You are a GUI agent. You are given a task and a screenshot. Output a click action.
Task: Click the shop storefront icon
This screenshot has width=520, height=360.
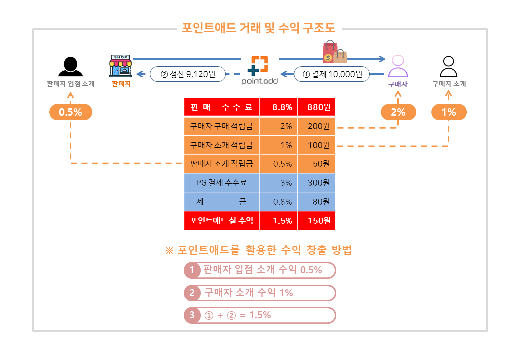tap(121, 66)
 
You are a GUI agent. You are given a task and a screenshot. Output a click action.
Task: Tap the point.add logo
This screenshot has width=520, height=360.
tap(259, 70)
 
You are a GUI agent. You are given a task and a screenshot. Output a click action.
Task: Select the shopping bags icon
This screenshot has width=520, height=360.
tap(334, 51)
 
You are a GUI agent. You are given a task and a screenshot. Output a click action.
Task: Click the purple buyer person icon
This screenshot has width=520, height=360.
tap(398, 66)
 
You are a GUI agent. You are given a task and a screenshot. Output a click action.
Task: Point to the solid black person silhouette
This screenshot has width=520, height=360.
tap(70, 66)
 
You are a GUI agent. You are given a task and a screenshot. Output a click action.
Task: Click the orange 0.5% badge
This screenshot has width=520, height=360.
tap(71, 112)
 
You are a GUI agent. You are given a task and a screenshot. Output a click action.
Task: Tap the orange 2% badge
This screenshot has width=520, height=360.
tap(398, 112)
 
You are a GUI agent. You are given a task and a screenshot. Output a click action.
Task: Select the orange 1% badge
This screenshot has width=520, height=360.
tap(449, 112)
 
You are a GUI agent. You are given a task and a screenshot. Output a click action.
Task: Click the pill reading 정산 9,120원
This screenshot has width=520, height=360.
tap(188, 74)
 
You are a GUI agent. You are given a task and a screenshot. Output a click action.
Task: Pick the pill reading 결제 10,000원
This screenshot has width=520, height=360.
tap(332, 74)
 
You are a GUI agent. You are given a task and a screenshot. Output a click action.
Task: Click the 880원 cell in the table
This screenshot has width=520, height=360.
tap(316, 107)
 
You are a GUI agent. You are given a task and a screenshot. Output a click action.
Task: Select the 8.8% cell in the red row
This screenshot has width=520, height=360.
tap(279, 107)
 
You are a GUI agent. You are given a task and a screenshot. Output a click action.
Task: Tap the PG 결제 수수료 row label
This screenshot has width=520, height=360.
tap(222, 183)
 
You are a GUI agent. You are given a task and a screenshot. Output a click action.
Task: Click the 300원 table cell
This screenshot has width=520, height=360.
tap(316, 183)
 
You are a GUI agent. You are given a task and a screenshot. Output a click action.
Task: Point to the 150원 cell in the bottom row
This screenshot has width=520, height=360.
tap(316, 221)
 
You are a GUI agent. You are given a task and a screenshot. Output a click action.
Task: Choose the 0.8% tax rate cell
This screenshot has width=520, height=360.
tap(279, 202)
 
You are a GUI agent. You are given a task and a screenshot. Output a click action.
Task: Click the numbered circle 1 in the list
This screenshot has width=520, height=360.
tap(192, 270)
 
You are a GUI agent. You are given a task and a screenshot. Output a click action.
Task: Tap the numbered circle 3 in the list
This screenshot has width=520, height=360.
tap(192, 315)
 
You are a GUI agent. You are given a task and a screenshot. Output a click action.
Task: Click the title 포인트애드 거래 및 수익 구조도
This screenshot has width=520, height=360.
tap(259, 28)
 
